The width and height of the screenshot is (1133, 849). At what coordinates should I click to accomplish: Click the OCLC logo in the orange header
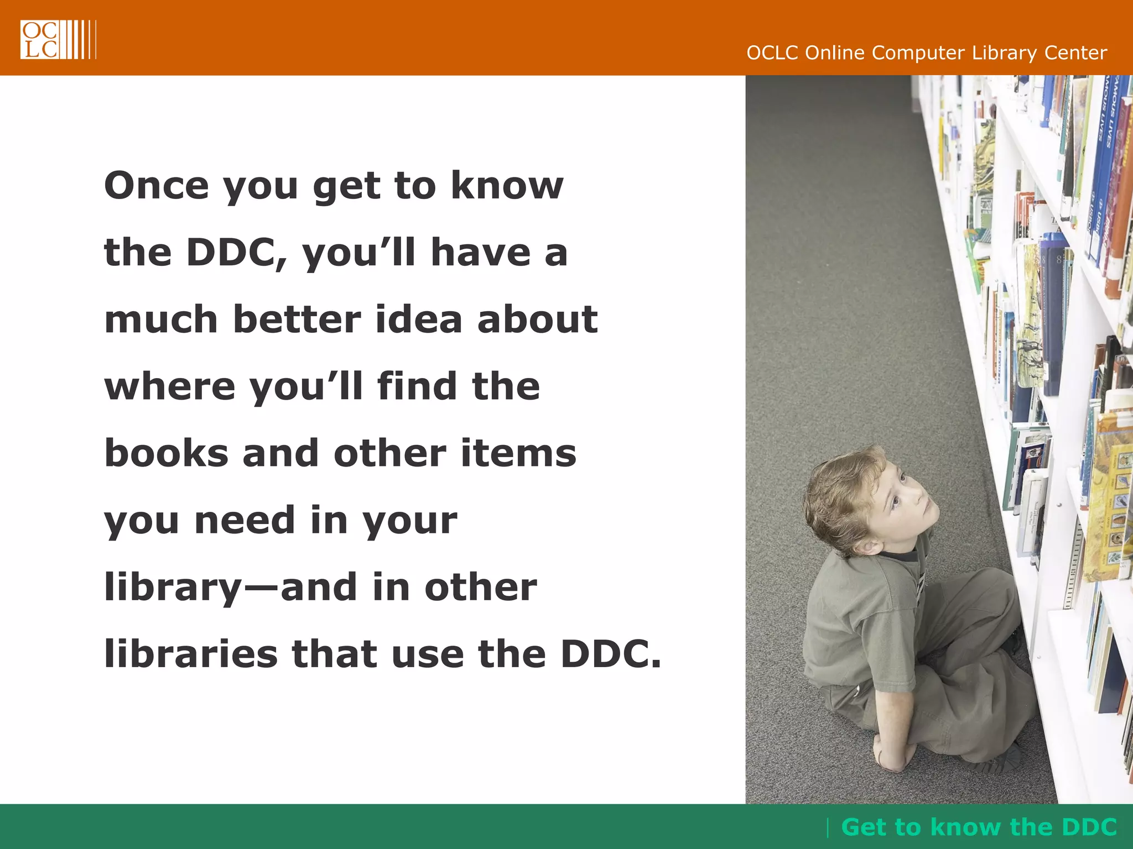(58, 39)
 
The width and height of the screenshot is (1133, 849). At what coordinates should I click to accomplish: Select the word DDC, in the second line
(237, 253)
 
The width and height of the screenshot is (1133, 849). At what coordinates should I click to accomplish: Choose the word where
(169, 386)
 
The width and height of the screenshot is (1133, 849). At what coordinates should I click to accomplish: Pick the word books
(166, 453)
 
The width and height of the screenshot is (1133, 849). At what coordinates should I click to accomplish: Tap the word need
(245, 521)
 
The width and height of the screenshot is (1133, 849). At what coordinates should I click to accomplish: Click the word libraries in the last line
(190, 654)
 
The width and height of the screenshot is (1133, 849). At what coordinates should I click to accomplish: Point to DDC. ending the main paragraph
(610, 654)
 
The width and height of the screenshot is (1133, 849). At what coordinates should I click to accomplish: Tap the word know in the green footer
(966, 827)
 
